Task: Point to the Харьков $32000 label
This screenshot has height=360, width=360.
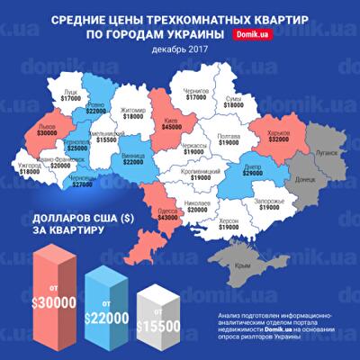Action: [278, 137]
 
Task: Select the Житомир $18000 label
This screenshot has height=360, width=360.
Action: [135, 113]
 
